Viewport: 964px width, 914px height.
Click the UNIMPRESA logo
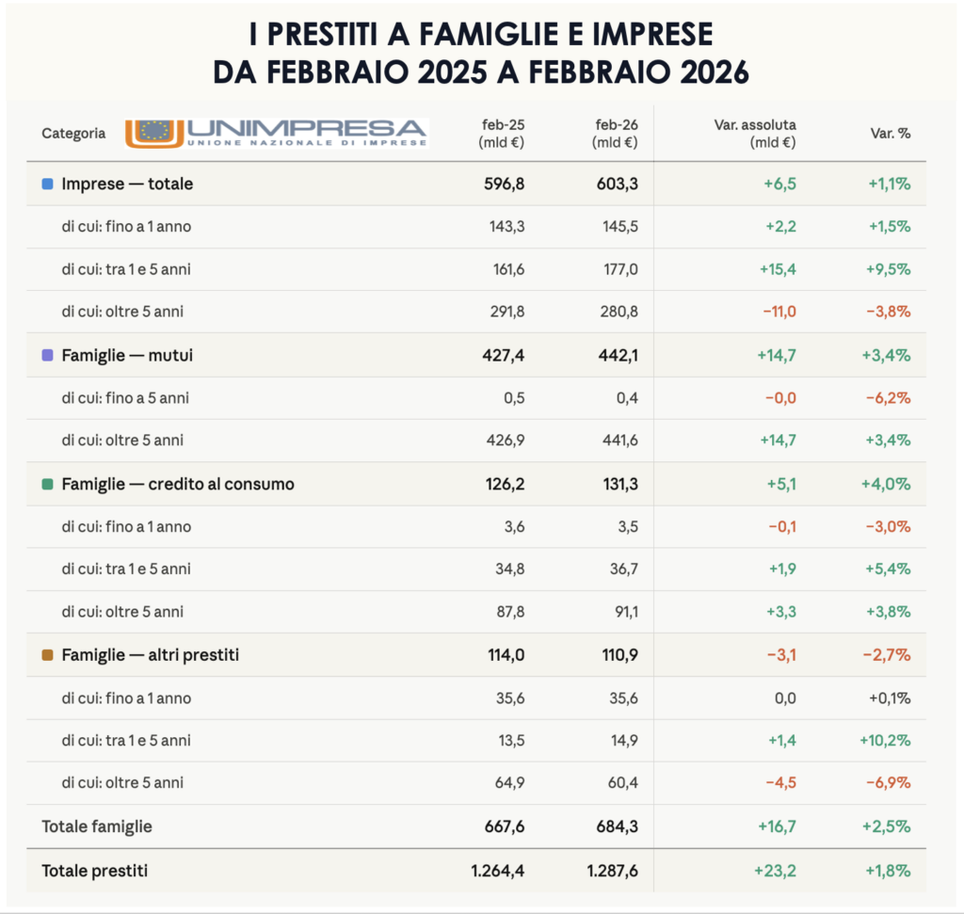[x=277, y=133]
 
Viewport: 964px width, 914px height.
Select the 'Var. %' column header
[x=890, y=134]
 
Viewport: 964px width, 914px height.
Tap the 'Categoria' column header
[x=73, y=134]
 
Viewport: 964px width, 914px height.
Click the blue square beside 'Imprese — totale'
[x=48, y=184]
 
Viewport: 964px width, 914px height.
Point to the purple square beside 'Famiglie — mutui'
[x=48, y=356]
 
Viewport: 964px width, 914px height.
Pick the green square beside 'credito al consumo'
[x=48, y=485]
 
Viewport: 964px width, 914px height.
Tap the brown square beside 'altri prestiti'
[x=48, y=655]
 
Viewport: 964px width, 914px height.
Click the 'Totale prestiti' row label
[x=94, y=872]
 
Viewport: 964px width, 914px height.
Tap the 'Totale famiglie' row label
[x=97, y=827]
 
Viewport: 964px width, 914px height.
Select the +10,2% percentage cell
[x=885, y=741]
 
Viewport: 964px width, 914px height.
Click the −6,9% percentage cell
[x=889, y=783]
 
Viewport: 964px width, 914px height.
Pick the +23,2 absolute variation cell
[x=776, y=872]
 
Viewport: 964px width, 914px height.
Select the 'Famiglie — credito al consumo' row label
[x=178, y=485]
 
